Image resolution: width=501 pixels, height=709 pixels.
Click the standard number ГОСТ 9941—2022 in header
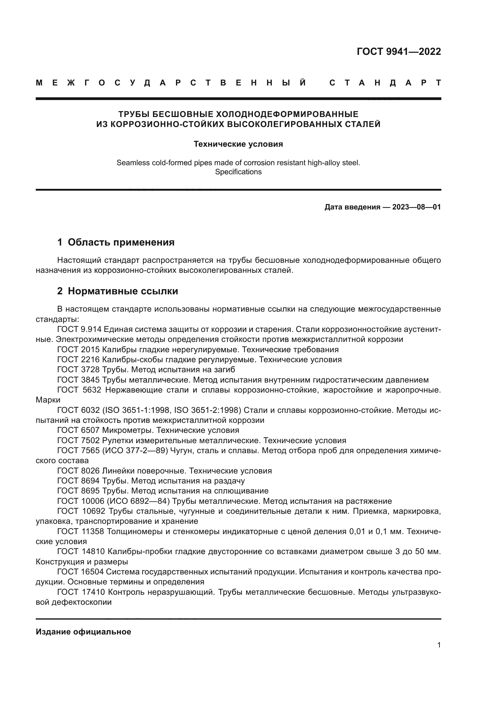click(x=399, y=51)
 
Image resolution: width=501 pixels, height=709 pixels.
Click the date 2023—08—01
click(x=416, y=207)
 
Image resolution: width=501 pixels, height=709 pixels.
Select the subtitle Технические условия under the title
click(x=238, y=144)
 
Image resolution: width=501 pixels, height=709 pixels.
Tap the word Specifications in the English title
click(x=238, y=172)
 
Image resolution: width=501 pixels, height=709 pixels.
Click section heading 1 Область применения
click(x=116, y=242)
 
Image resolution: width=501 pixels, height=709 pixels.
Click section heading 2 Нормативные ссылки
click(x=118, y=291)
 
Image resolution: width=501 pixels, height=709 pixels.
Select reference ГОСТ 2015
click(x=78, y=349)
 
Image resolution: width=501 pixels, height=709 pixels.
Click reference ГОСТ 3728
click(x=78, y=370)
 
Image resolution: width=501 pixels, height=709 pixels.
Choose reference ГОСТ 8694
click(x=78, y=481)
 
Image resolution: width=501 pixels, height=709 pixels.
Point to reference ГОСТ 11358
click(x=81, y=531)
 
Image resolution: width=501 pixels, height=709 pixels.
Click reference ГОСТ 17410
click(x=81, y=592)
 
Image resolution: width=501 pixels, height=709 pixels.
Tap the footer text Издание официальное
click(x=83, y=632)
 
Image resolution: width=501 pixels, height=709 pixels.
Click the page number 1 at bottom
click(x=439, y=645)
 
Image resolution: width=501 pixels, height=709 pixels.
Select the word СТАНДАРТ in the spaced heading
click(x=385, y=83)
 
